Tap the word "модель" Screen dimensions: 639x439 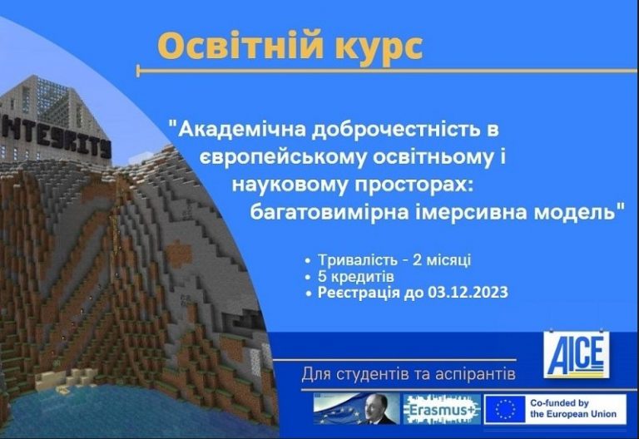coord(574,212)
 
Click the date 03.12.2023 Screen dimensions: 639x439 coord(468,293)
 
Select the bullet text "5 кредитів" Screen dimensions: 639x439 coord(356,277)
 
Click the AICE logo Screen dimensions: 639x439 coord(577,354)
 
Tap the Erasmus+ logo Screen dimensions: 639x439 coord(442,409)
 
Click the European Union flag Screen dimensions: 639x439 coord(505,409)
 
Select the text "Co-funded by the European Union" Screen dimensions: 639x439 coord(572,409)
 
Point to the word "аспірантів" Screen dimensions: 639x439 coord(475,375)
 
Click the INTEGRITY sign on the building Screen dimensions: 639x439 coord(56,138)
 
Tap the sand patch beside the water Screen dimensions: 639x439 coord(61,379)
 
